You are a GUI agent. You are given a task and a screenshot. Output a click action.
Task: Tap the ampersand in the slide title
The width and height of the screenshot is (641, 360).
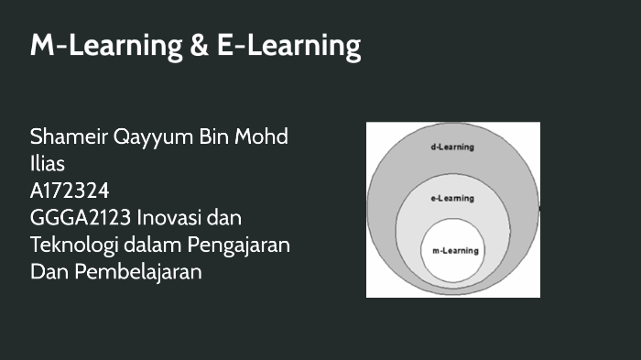[201, 46]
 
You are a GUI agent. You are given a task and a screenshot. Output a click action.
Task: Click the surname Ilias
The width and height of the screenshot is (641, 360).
[48, 164]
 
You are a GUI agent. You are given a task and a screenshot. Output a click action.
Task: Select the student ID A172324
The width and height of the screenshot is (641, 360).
[70, 191]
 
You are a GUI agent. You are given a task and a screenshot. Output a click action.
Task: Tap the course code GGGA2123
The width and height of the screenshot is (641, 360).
[81, 218]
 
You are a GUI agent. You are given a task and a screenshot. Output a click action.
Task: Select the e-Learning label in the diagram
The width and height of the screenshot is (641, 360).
[452, 197]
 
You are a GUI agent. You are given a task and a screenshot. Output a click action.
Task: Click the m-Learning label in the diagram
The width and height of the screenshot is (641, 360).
[452, 250]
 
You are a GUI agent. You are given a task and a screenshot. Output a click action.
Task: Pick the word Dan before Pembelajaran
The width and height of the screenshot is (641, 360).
[48, 272]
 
